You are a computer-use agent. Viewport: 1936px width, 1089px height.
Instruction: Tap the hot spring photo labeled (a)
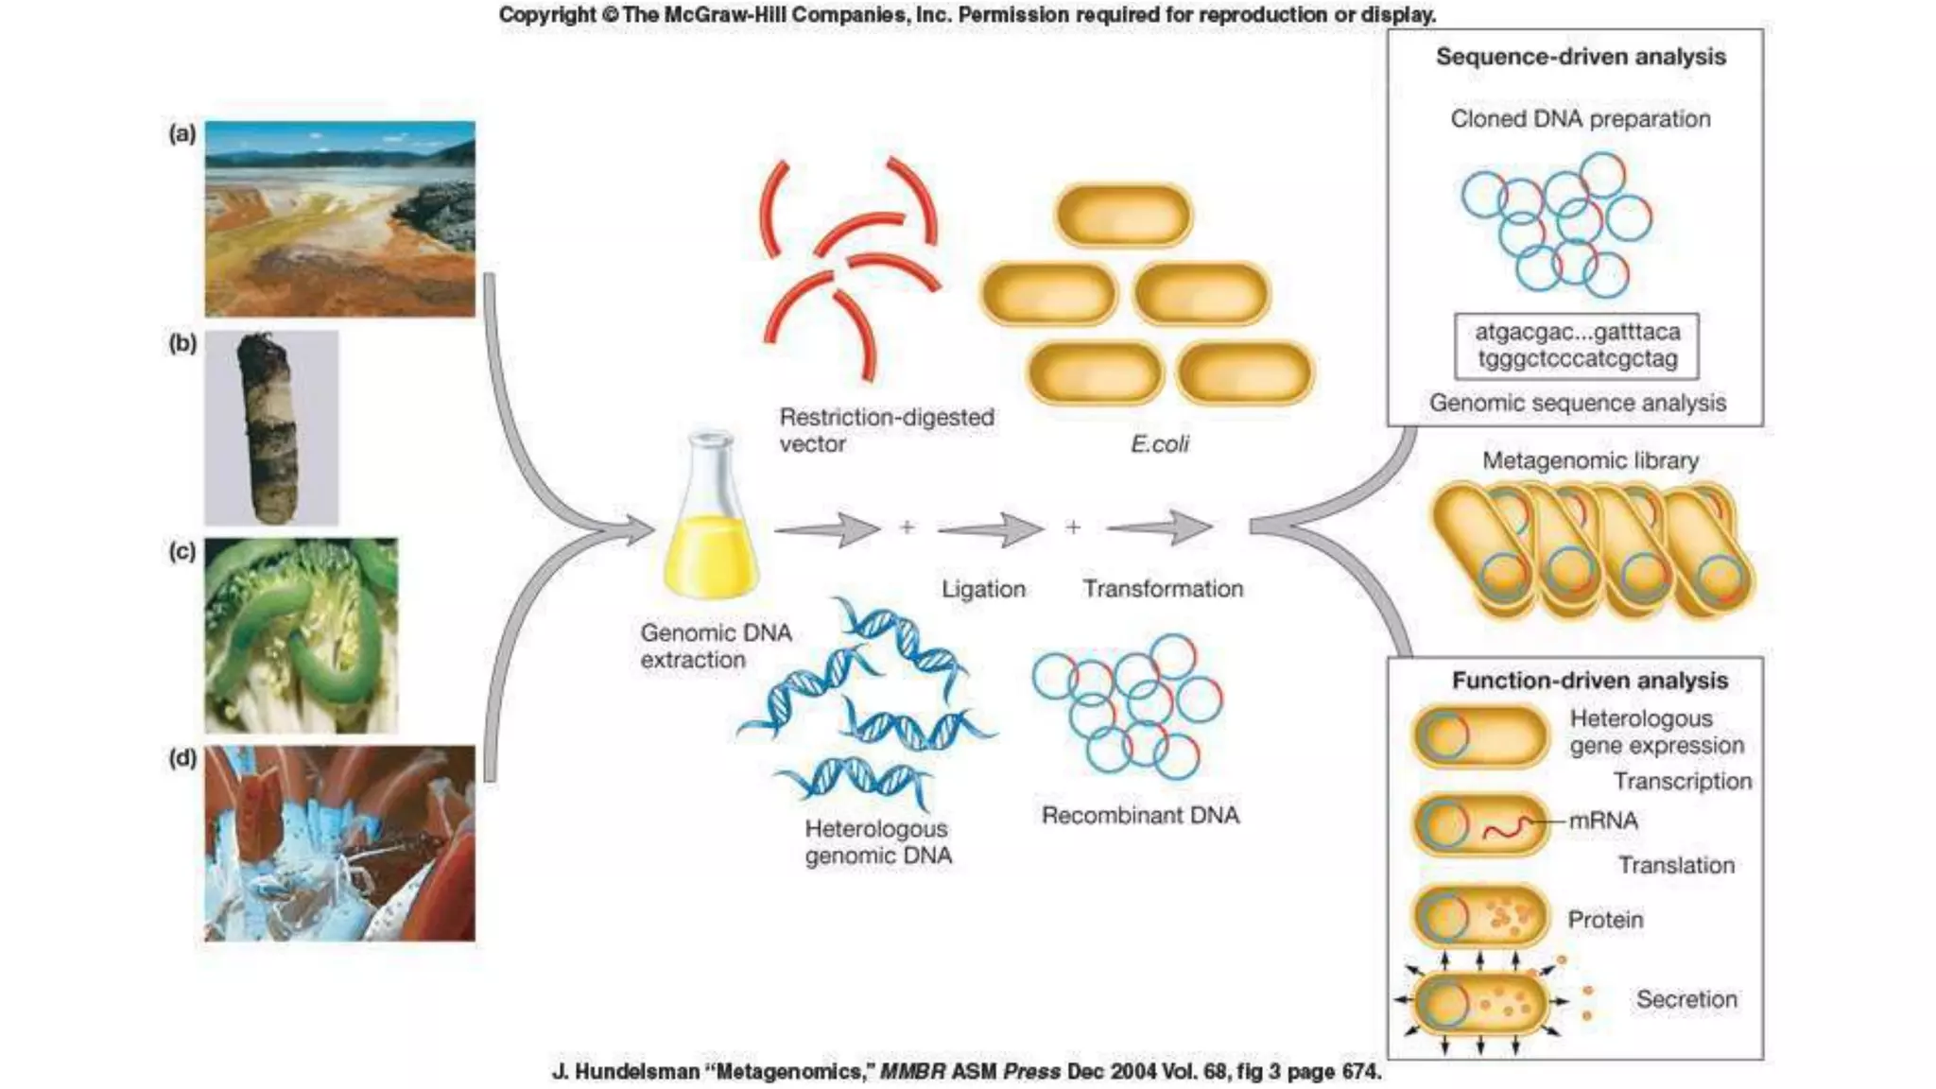point(339,218)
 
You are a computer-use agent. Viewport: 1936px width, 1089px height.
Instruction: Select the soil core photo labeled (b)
point(271,427)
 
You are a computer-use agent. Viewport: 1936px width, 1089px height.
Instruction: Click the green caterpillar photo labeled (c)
point(301,635)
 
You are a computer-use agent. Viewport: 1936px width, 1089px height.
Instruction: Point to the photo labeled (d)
point(339,842)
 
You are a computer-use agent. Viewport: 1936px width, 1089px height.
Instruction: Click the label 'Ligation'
point(983,589)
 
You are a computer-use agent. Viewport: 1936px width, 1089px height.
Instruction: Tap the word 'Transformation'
point(1163,589)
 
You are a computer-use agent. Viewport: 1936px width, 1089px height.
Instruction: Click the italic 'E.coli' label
point(1159,443)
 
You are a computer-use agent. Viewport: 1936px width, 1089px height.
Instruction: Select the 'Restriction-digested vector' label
point(886,430)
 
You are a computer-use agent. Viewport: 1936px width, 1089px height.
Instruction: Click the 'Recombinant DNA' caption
point(1140,815)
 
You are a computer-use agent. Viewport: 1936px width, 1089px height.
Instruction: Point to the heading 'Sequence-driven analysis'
point(1581,57)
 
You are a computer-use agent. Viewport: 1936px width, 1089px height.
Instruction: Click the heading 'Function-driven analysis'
point(1590,681)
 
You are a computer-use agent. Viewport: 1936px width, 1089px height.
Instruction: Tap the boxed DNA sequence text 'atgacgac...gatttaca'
point(1577,332)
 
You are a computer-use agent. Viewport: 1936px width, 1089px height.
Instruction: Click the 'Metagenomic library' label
point(1590,460)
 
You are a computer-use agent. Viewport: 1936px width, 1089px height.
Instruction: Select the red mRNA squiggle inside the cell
point(1507,829)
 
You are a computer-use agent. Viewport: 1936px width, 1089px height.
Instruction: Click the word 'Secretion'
point(1686,999)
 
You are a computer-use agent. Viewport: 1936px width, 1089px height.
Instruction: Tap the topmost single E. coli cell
point(1123,216)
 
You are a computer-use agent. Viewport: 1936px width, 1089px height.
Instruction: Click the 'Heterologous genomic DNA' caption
point(877,841)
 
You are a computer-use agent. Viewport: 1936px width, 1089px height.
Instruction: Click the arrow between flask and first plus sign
point(827,529)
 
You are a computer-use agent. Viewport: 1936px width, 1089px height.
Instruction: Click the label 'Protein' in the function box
point(1605,919)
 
